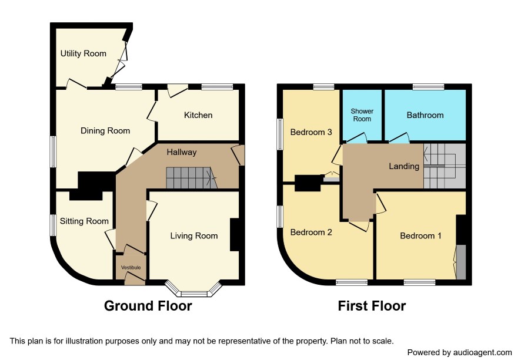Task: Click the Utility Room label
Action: [84, 53]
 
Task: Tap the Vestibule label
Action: [131, 268]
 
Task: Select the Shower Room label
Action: [362, 115]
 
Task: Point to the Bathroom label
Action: [425, 115]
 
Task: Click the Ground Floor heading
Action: [148, 306]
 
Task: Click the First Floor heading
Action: [372, 306]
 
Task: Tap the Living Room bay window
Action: [193, 289]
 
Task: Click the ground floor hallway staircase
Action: [191, 178]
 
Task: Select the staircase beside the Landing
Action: [445, 166]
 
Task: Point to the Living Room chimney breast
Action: [235, 234]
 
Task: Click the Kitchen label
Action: [198, 115]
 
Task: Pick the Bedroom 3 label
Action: [311, 132]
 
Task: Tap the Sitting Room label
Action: [84, 221]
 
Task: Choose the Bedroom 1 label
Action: [420, 235]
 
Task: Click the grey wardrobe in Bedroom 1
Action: [461, 262]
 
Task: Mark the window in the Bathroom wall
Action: [428, 87]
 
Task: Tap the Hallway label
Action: [182, 152]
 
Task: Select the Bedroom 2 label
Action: [311, 232]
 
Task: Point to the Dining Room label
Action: [105, 131]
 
